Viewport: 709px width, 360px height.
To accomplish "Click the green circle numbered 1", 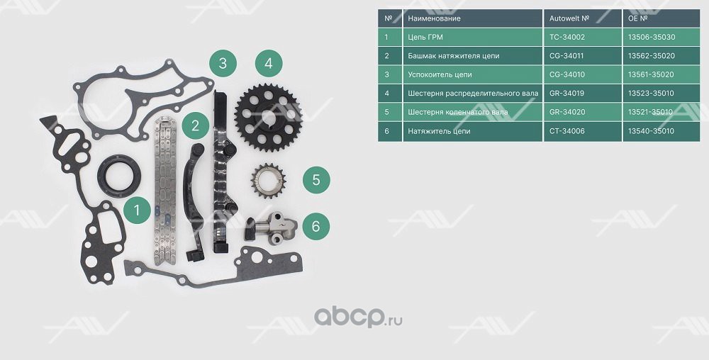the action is (137, 210).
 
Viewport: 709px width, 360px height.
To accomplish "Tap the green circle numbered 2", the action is (196, 125).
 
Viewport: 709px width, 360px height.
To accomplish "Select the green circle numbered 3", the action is (223, 63).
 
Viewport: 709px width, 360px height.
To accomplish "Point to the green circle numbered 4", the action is (269, 63).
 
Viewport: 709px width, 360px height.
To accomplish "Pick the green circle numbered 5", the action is (316, 180).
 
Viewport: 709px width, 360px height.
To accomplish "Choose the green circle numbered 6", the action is (316, 225).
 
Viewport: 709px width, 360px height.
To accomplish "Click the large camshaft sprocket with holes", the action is (269, 118).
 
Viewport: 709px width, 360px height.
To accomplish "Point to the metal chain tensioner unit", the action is (272, 227).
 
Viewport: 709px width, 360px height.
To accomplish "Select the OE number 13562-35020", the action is (651, 56).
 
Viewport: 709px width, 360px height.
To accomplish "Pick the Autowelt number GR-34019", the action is (566, 94).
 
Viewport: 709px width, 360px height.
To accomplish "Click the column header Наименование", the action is (434, 18).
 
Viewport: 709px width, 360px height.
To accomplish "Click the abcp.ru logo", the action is (358, 317).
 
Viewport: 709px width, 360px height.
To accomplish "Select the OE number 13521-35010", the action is (651, 112).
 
